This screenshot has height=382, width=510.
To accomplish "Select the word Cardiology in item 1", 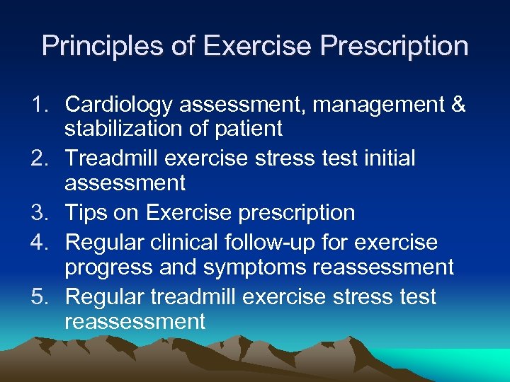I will coord(118,105).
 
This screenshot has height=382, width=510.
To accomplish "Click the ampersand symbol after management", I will coord(458,105).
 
